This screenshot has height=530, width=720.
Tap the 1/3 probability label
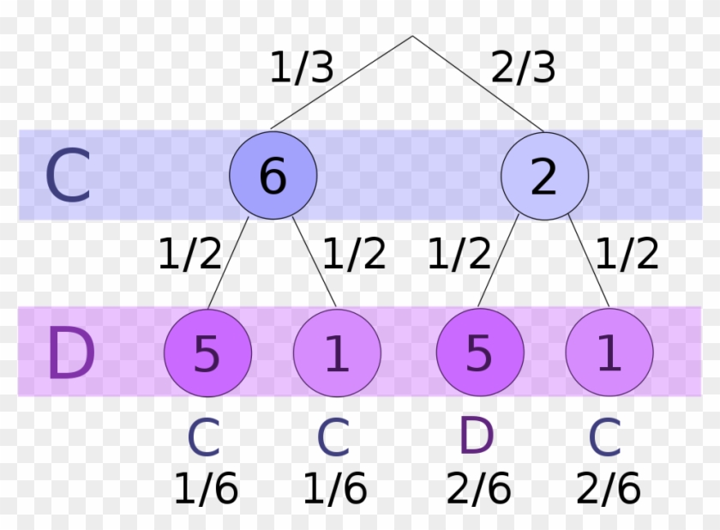(x=301, y=68)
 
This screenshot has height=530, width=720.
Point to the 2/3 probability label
(x=523, y=68)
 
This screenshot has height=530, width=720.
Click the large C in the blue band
(x=67, y=176)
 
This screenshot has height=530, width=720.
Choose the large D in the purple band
(x=70, y=352)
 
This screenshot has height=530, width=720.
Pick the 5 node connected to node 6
(x=207, y=352)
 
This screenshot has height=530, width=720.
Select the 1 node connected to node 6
(x=337, y=352)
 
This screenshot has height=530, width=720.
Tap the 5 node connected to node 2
(x=479, y=352)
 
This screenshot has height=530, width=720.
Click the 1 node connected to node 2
(x=609, y=352)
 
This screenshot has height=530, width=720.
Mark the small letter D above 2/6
(x=477, y=438)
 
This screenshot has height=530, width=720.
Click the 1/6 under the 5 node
(x=206, y=490)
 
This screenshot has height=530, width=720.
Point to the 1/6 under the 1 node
(x=335, y=490)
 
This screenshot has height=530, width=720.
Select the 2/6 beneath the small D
(x=478, y=490)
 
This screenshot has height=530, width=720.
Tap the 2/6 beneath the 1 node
(x=608, y=490)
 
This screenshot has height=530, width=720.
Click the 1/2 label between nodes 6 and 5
(x=189, y=254)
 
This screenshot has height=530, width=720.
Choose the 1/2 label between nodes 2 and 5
(x=460, y=254)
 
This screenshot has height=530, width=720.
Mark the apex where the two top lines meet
(x=412, y=37)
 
